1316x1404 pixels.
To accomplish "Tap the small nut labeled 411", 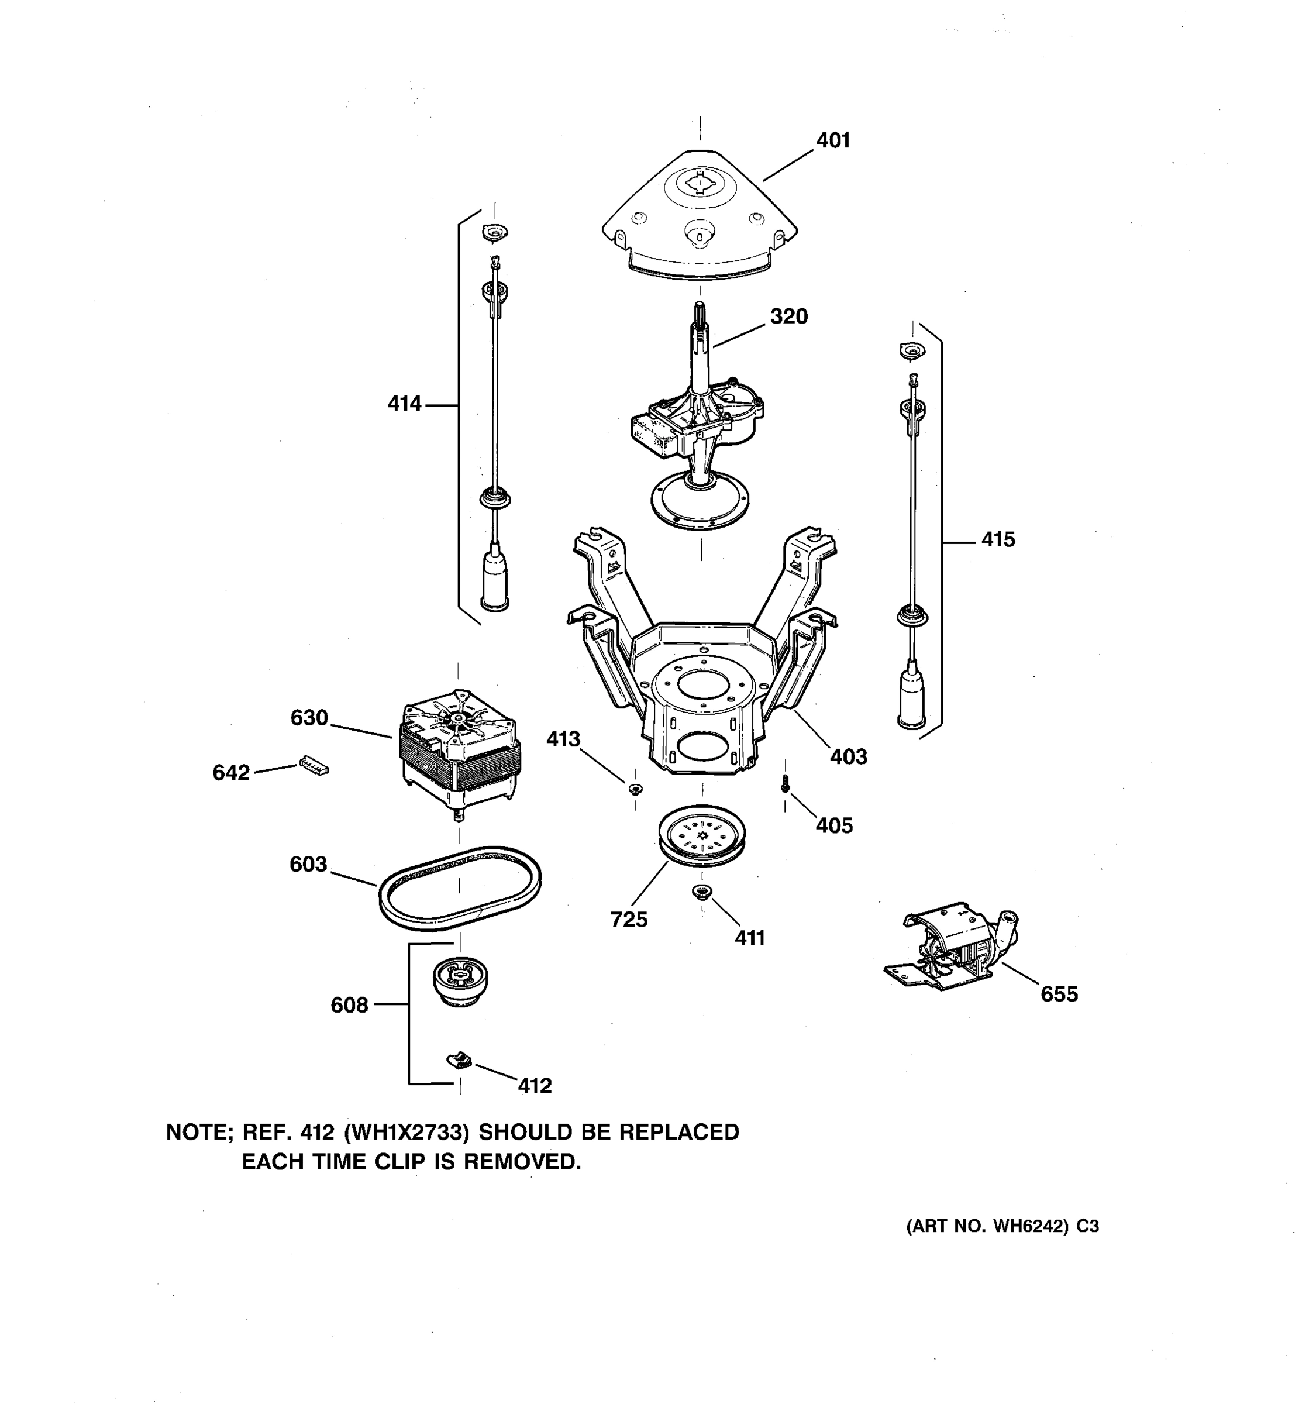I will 701,892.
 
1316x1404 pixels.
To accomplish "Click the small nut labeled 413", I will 635,789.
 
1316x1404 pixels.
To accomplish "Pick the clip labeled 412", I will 460,1059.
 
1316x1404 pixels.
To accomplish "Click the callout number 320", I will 788,316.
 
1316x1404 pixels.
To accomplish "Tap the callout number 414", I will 404,404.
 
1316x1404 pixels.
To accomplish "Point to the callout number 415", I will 998,539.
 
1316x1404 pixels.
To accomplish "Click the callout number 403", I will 848,756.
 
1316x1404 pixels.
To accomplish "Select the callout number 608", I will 350,1005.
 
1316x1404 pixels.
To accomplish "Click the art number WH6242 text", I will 1029,1227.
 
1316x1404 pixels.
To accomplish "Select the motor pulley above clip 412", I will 460,982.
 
